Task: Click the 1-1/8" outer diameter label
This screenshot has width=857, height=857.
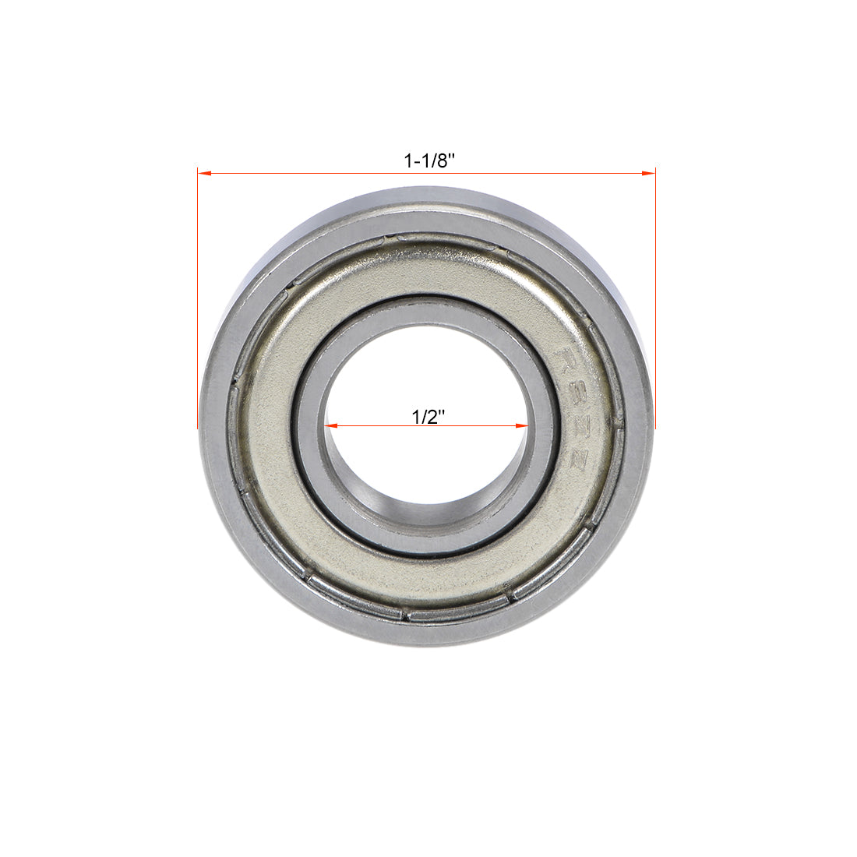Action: click(x=428, y=161)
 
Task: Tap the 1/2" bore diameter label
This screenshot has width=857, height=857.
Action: click(x=428, y=416)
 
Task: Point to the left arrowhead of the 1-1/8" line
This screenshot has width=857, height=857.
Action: click(x=204, y=173)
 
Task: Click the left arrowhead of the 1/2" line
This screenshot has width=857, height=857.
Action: click(x=330, y=426)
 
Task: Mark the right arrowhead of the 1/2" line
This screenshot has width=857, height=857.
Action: click(x=524, y=426)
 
